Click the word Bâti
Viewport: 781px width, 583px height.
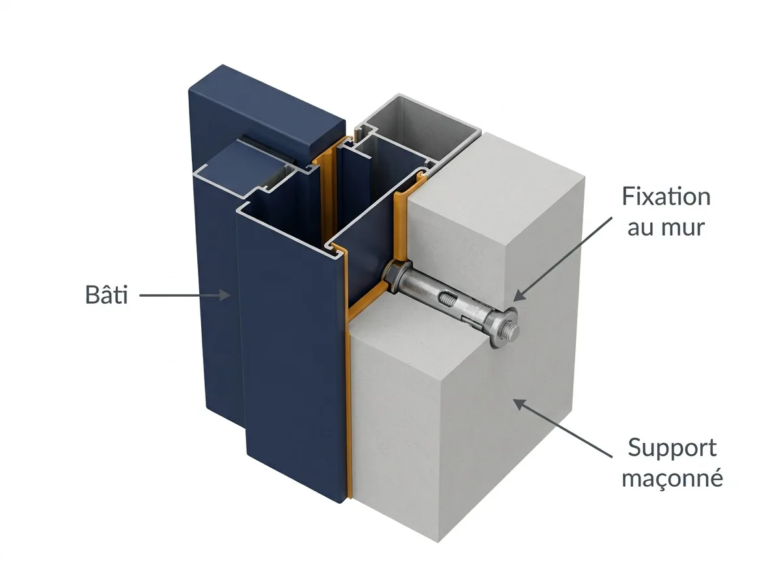click(x=106, y=295)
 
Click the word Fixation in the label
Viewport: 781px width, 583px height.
click(x=666, y=197)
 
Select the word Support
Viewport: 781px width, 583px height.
click(x=672, y=449)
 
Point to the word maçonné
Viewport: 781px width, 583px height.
click(x=672, y=479)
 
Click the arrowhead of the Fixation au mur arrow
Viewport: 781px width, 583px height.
click(x=519, y=295)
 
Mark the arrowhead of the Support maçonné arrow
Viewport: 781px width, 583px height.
click(x=519, y=405)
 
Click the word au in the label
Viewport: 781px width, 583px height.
click(x=640, y=228)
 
